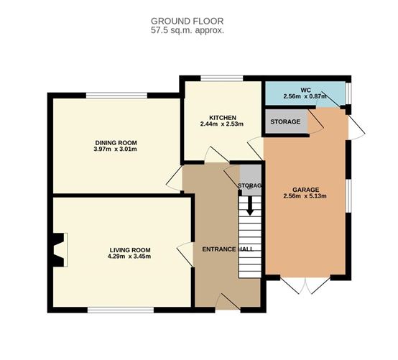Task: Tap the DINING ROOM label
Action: click(115, 142)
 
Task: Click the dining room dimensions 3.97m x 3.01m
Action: click(115, 149)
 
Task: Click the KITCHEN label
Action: click(223, 117)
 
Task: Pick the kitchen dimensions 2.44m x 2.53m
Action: click(223, 125)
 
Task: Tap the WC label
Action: click(305, 88)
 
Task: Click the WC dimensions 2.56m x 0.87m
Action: click(305, 96)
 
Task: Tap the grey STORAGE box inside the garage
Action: click(286, 121)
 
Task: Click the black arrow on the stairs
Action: click(250, 207)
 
